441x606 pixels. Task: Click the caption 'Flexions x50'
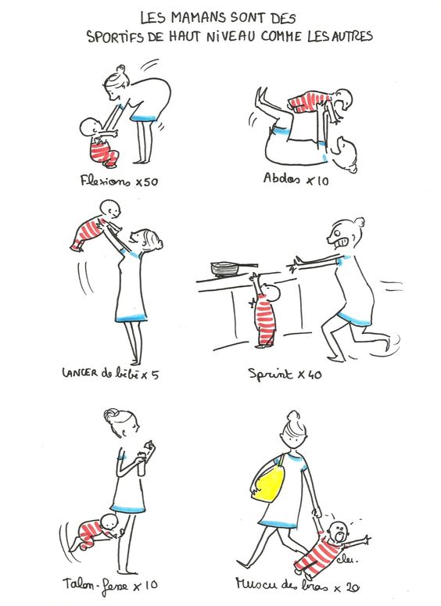(120, 181)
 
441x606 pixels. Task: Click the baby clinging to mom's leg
(98, 532)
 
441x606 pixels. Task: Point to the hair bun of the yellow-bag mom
(292, 416)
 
